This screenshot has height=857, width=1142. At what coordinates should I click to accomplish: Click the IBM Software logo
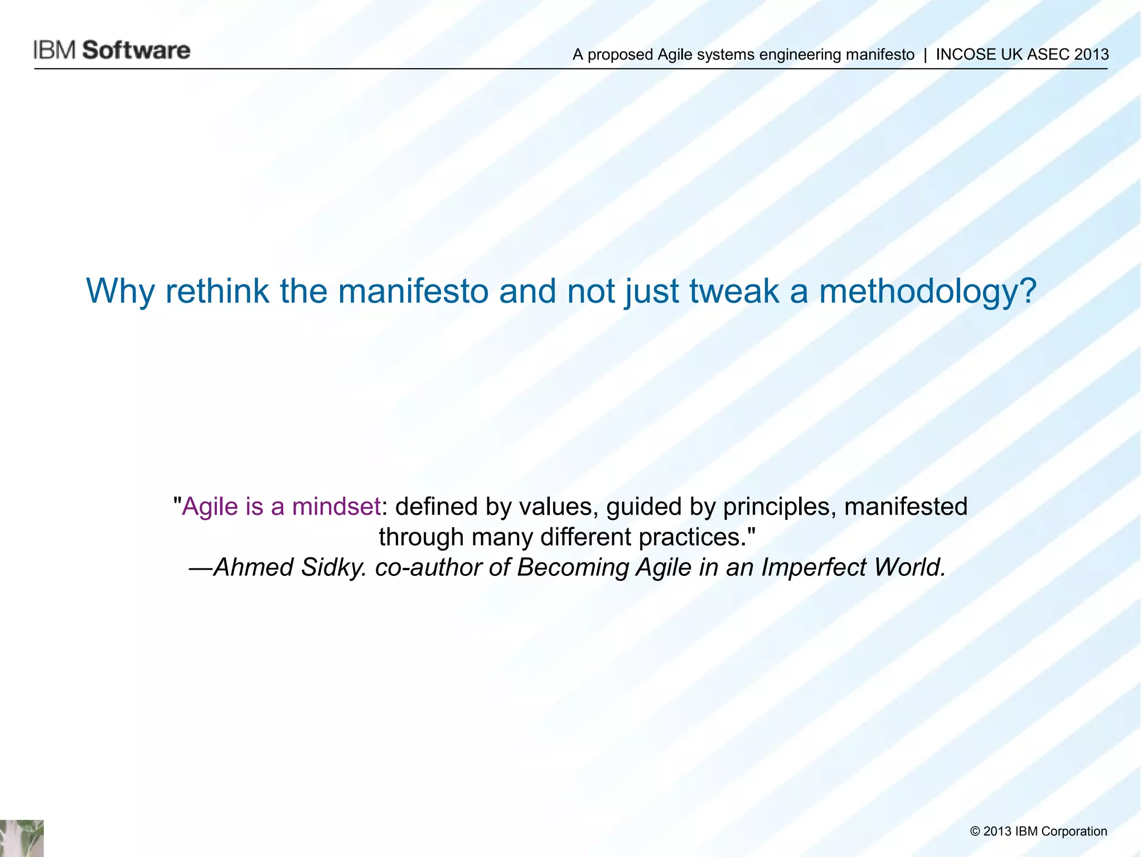point(112,50)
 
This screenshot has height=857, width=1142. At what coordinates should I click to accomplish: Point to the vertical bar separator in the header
point(925,55)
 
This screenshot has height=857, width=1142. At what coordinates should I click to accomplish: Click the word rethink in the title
point(217,291)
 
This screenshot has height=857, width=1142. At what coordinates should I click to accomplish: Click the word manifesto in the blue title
point(413,291)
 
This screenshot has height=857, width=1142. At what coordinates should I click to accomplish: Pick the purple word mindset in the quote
point(336,507)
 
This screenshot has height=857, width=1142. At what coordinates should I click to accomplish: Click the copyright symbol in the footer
point(975,832)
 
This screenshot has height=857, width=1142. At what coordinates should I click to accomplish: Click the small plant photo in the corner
point(22,838)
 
